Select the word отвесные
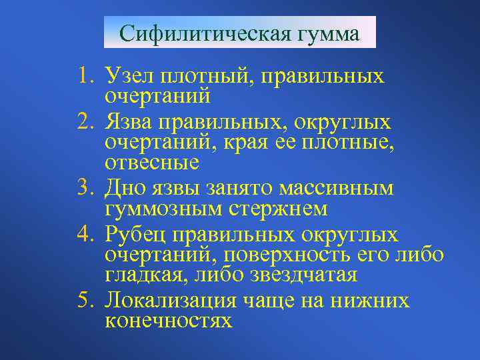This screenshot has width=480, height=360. click(152, 162)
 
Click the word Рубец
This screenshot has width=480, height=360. click(137, 235)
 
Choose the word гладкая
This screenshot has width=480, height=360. click(146, 274)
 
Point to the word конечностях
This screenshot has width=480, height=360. click(169, 321)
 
